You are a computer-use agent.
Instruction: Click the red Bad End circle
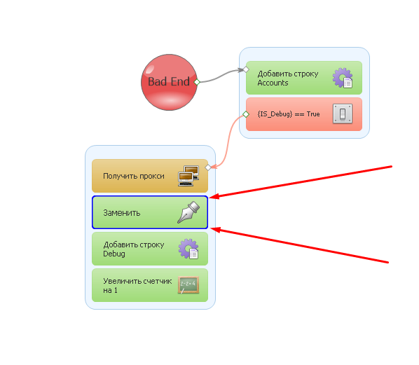169,82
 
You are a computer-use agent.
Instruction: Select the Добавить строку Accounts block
304,78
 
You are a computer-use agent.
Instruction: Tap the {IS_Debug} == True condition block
304,114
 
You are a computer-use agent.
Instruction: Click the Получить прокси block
150,176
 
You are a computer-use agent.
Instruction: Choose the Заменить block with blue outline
150,212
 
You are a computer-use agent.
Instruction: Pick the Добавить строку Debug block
150,249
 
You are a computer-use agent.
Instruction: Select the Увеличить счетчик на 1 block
150,285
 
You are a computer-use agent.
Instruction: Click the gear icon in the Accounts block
343,78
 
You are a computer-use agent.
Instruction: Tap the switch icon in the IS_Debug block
343,113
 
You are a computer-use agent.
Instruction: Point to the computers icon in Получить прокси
188,176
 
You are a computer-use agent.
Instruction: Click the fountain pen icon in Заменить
188,212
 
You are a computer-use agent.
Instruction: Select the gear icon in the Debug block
188,249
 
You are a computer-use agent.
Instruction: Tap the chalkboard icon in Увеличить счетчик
188,285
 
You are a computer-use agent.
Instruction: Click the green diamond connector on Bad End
197,82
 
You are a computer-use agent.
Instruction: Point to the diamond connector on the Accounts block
246,70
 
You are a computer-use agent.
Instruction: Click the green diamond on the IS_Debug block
246,114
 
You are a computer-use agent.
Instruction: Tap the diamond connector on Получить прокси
208,167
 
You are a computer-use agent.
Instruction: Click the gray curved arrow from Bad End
221,76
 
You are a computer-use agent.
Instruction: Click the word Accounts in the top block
273,83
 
